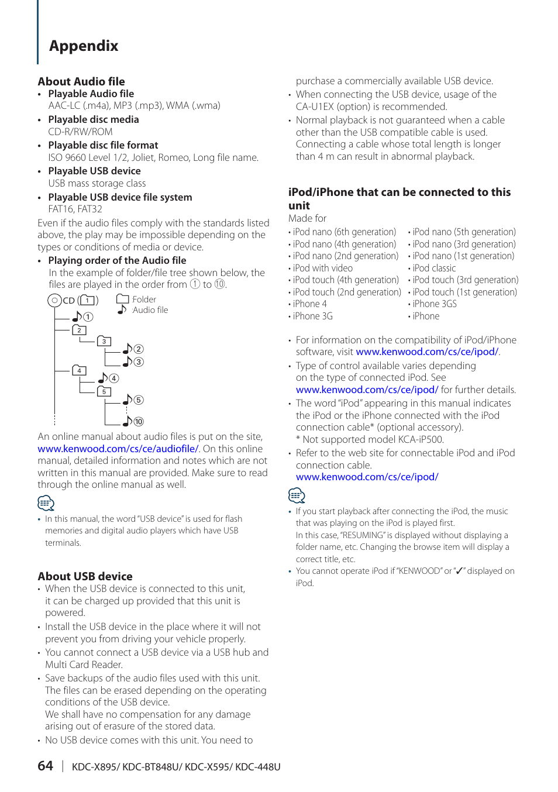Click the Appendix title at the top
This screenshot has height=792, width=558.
(84, 46)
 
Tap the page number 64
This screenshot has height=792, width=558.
(45, 766)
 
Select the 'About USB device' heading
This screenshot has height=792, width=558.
(85, 576)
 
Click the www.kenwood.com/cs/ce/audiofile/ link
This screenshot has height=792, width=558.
(118, 449)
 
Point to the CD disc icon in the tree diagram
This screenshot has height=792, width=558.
(54, 301)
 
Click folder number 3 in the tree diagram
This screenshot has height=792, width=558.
(104, 341)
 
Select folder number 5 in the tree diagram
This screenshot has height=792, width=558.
(104, 391)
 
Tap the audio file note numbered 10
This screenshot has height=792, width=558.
(133, 421)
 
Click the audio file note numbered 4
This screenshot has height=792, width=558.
(108, 378)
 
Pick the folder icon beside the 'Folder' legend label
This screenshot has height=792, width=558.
(122, 299)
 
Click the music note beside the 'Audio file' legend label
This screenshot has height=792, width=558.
(122, 309)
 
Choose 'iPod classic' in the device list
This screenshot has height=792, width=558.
(434, 268)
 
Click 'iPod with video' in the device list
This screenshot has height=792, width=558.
(323, 268)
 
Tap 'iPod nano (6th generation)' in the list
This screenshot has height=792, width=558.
(345, 232)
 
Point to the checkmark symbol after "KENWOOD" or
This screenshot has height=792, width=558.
(459, 571)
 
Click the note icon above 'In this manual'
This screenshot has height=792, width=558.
(46, 503)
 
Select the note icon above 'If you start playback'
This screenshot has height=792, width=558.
(297, 495)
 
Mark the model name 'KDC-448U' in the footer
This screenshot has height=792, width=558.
(258, 767)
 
